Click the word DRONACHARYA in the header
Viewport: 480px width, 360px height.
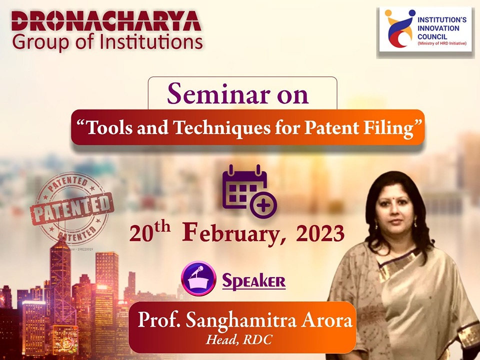[x=106, y=21]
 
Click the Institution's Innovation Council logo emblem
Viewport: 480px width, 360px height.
[x=397, y=29]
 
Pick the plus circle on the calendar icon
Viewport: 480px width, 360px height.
[x=263, y=204]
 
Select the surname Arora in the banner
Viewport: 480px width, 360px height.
[x=326, y=320]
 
